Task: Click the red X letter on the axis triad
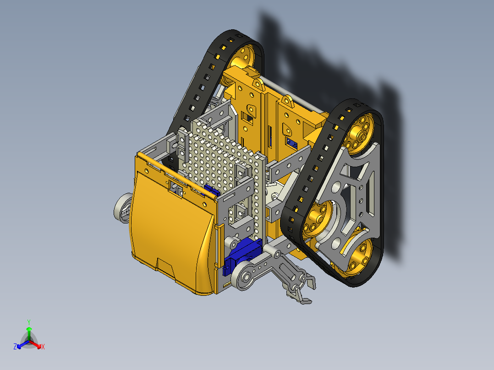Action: (43, 347)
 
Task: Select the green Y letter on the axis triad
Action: (28, 321)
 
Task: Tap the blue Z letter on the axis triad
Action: (15, 347)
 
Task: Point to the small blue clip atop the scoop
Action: (211, 190)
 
